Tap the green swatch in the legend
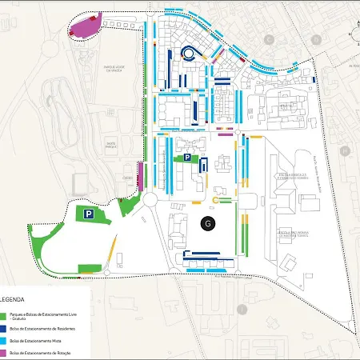pos(5,317)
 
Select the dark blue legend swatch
pos(5,329)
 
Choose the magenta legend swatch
pos(5,352)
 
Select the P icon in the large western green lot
pos(90,214)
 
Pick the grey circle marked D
pos(357,33)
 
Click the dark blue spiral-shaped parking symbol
pos(188,53)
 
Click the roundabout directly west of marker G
pos(150,199)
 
